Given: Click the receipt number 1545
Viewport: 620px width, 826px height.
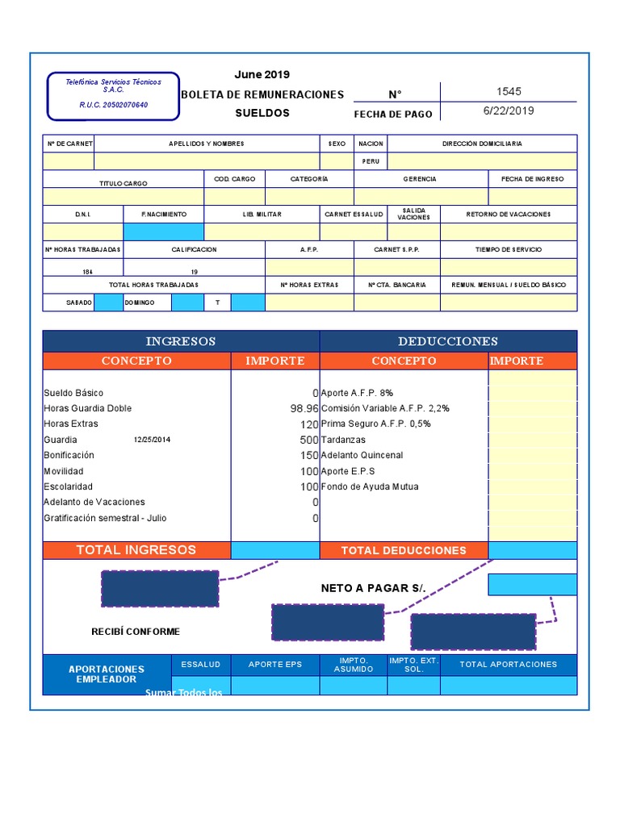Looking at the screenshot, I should click(x=509, y=92).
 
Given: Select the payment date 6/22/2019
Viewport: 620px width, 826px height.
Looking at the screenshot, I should click(x=509, y=111).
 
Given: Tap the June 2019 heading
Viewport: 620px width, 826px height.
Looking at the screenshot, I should click(x=262, y=74).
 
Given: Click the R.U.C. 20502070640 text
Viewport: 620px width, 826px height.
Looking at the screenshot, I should click(x=114, y=105).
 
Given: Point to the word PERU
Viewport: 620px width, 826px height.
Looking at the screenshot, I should click(x=371, y=161).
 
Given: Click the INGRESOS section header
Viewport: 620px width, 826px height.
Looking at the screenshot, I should click(x=181, y=341).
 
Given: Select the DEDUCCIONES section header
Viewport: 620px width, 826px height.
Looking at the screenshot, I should click(x=448, y=341).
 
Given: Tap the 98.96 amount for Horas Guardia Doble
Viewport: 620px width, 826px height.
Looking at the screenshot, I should click(x=304, y=408).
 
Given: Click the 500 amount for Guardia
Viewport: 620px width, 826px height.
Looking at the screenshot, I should click(x=309, y=440).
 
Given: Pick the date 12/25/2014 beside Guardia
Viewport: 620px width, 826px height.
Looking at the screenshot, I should click(x=152, y=440).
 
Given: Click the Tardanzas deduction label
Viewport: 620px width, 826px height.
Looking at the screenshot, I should click(x=343, y=440).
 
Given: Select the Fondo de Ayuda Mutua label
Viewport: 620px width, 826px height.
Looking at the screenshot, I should click(x=370, y=486).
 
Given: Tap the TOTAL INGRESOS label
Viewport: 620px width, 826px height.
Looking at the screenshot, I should click(x=136, y=550).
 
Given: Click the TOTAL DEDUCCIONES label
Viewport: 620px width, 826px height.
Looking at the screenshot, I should click(x=404, y=550).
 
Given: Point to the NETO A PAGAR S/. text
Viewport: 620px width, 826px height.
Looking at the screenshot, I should click(x=373, y=588).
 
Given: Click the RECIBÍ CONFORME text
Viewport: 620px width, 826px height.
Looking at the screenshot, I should click(x=136, y=632).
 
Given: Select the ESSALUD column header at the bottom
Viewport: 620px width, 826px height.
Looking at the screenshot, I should click(x=201, y=665).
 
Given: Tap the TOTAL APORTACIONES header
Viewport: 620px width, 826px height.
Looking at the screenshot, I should click(x=509, y=665).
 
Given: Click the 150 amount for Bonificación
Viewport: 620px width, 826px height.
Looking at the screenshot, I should click(x=309, y=455).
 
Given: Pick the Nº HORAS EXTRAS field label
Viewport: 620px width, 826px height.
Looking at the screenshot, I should click(x=309, y=285).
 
